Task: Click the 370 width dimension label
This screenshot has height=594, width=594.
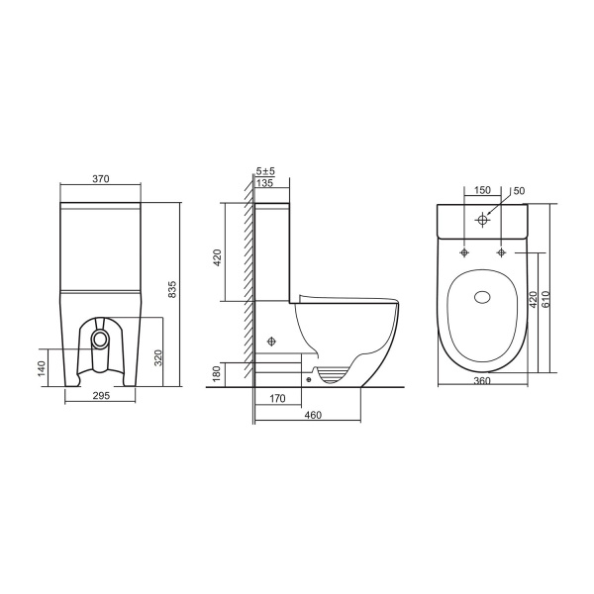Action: point(101,179)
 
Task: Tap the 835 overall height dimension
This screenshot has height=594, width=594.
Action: point(172,289)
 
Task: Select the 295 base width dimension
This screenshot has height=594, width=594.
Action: point(101,395)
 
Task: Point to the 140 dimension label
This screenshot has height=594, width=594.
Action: point(42,368)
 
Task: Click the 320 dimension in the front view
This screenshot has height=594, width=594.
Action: point(158,357)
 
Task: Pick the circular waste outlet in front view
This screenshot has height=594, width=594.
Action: point(101,339)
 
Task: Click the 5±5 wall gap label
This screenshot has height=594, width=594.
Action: point(265,171)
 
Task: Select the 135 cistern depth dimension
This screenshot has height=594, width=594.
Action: point(264,183)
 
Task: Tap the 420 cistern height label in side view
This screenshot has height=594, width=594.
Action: point(218,257)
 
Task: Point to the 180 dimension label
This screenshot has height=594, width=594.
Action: point(216,374)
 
